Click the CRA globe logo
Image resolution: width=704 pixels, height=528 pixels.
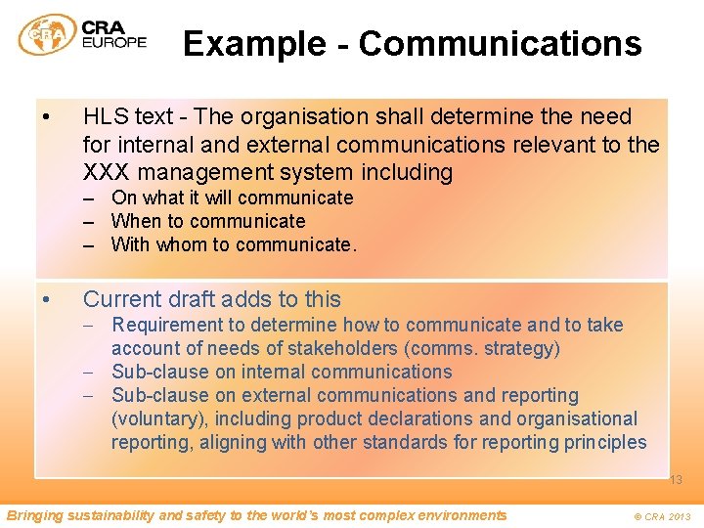(47, 35)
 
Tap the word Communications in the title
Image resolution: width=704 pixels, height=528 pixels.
(500, 44)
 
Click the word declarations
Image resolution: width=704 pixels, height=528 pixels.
(374, 418)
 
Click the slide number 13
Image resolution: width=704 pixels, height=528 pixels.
(676, 479)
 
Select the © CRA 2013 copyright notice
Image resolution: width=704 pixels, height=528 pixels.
(662, 516)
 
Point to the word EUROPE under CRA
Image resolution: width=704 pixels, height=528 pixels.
(114, 42)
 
